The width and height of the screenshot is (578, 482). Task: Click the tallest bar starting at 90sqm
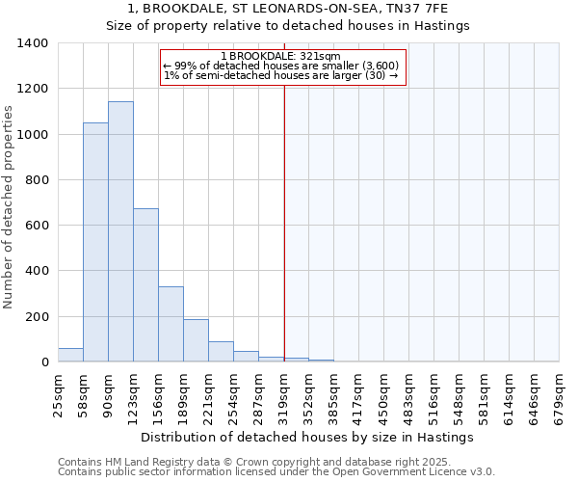click(x=120, y=231)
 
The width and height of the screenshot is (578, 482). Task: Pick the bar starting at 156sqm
click(x=171, y=324)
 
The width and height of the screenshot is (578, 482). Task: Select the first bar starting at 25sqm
click(x=70, y=355)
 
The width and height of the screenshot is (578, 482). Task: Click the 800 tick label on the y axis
click(x=37, y=180)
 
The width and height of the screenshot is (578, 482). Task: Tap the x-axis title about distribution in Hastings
click(x=306, y=438)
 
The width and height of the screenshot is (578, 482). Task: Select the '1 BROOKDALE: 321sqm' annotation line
click(x=280, y=56)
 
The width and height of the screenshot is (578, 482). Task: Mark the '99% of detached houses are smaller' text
click(x=280, y=66)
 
